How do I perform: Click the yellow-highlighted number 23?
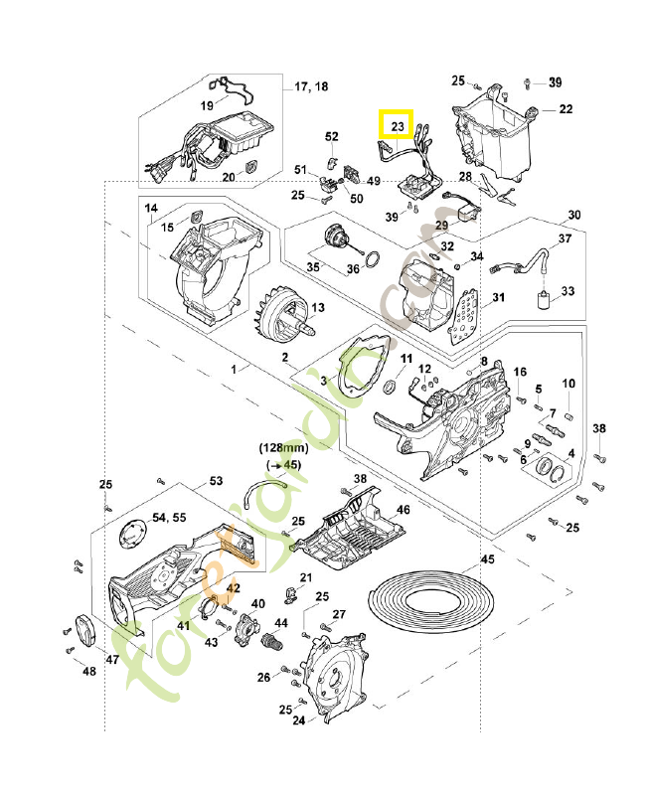pos(397,126)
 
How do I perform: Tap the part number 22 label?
pos(565,109)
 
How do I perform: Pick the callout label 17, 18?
pos(310,87)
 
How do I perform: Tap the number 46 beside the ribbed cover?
pos(403,510)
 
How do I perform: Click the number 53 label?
pos(216,482)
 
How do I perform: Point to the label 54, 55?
pos(169,519)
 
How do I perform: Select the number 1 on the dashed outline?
pos(235,369)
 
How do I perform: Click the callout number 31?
pos(498,297)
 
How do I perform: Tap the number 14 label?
pos(152,209)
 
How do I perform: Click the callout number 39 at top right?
pos(555,81)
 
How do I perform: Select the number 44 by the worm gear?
pos(281,623)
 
